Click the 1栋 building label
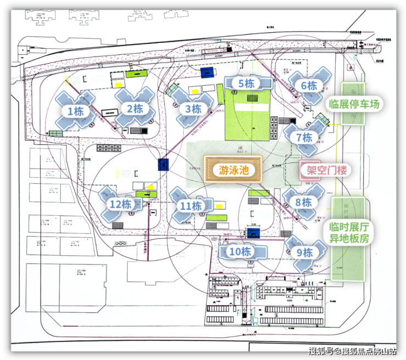click(x=76, y=111)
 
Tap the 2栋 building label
click(x=135, y=108)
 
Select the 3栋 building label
click(x=193, y=109)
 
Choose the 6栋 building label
click(x=309, y=86)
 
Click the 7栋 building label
click(x=303, y=137)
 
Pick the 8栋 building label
click(x=303, y=202)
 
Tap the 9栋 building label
click(x=304, y=252)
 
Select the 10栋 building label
click(x=240, y=252)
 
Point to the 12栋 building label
click(x=120, y=204)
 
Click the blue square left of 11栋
click(x=162, y=164)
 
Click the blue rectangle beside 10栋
click(x=253, y=233)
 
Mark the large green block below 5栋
click(x=248, y=115)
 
